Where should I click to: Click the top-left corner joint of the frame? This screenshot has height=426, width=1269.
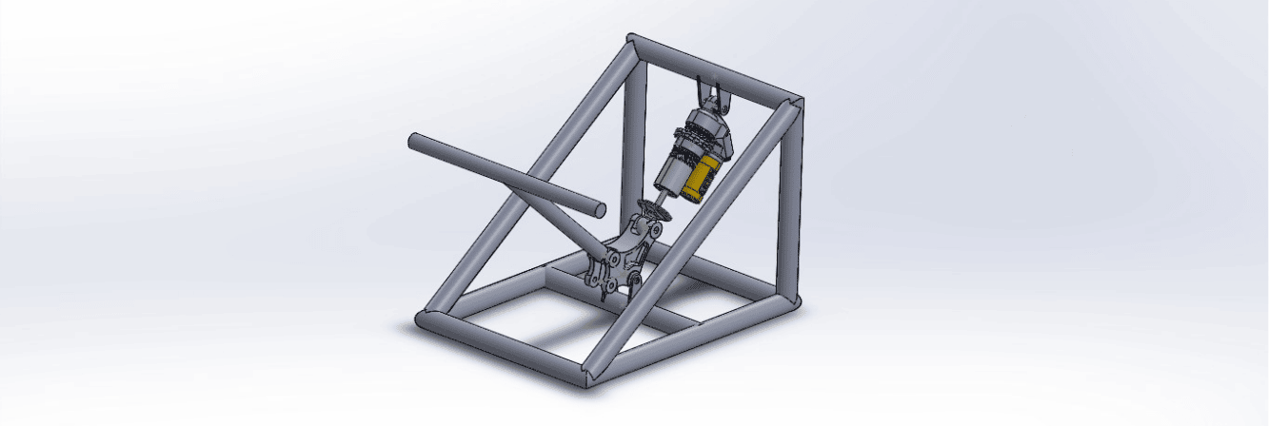pos(633,43)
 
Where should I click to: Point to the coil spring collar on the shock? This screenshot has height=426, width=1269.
pos(693,143)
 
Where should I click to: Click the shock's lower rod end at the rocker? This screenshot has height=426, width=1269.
pos(650,211)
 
